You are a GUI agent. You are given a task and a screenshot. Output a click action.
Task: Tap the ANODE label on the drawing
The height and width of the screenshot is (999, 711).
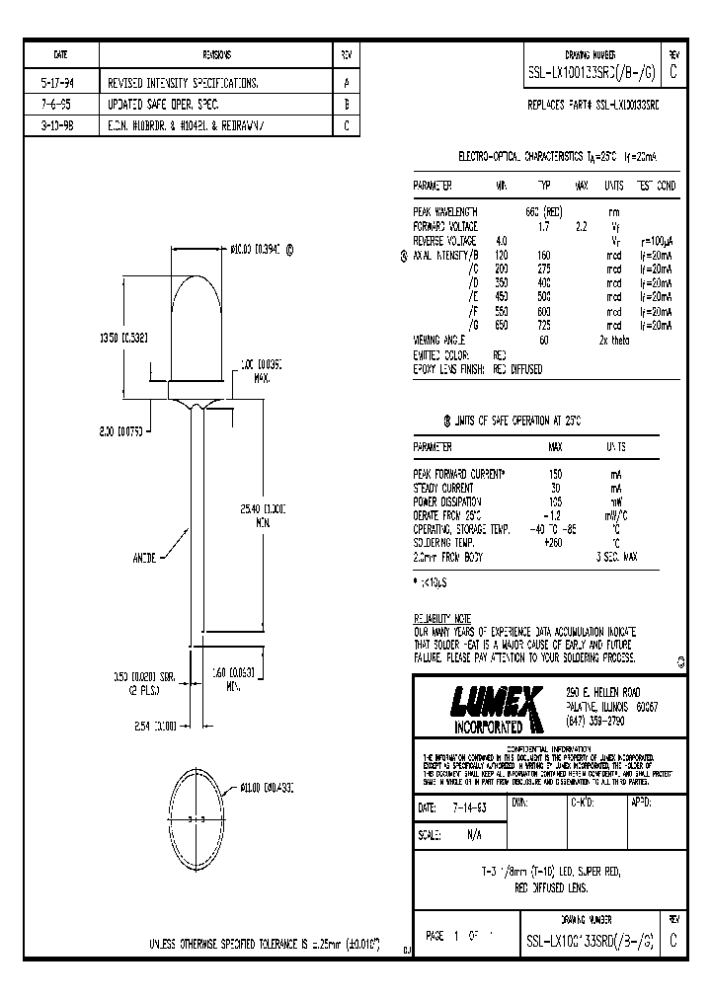pyautogui.click(x=144, y=557)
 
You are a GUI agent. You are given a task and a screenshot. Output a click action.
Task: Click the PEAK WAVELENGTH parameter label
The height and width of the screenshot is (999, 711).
pyautogui.click(x=445, y=212)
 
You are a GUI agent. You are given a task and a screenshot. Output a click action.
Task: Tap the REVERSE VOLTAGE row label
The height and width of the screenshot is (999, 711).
pyautogui.click(x=444, y=240)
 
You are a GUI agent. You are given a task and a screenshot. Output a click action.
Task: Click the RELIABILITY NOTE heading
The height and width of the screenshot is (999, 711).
pyautogui.click(x=443, y=618)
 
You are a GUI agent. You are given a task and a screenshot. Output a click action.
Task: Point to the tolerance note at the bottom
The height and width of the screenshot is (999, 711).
pyautogui.click(x=265, y=943)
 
